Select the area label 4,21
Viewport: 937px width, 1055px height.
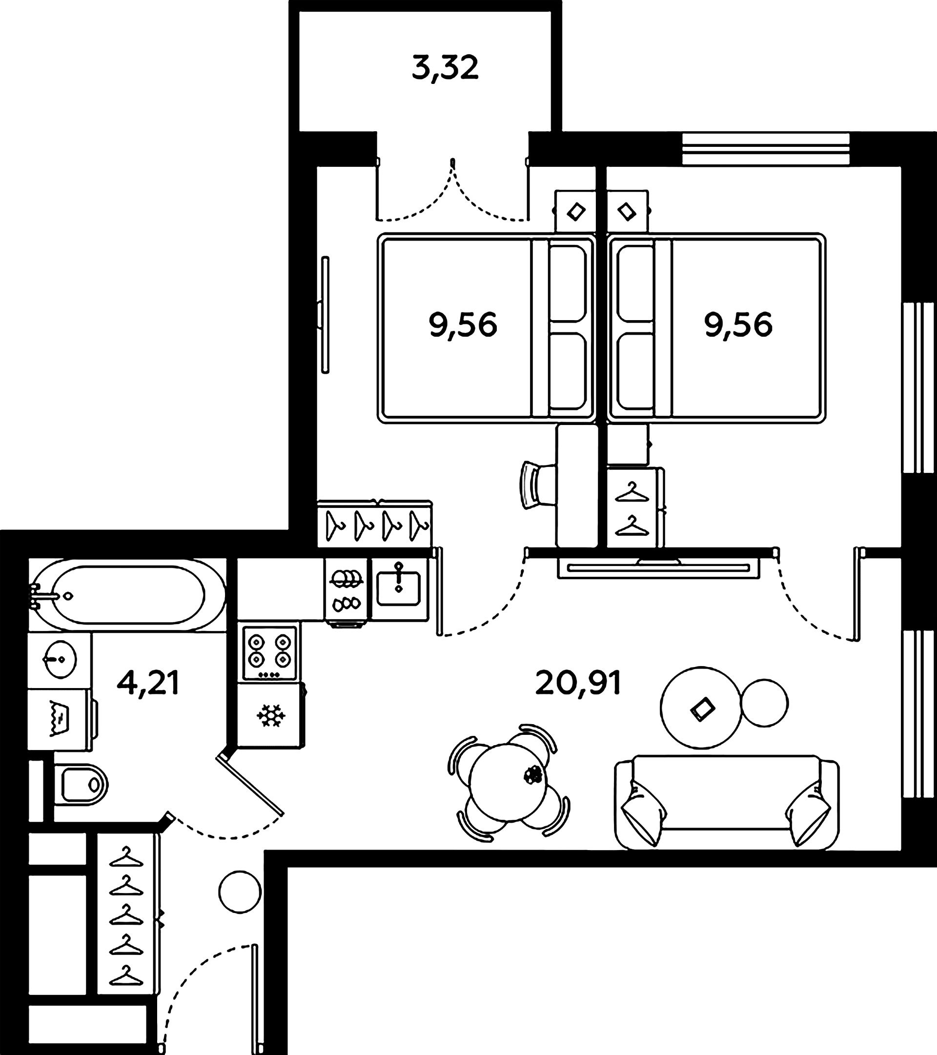pos(148,684)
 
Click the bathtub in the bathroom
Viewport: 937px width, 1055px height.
pos(127,595)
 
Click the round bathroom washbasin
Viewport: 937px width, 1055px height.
pos(60,659)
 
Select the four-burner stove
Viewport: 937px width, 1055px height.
pos(269,652)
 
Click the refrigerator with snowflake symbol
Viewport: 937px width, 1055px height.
pos(270,715)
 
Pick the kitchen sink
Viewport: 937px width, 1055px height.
pos(399,588)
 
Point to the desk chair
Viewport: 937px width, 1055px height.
pos(537,485)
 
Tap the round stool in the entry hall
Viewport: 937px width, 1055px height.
pos(240,892)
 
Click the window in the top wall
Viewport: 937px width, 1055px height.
pos(766,149)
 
